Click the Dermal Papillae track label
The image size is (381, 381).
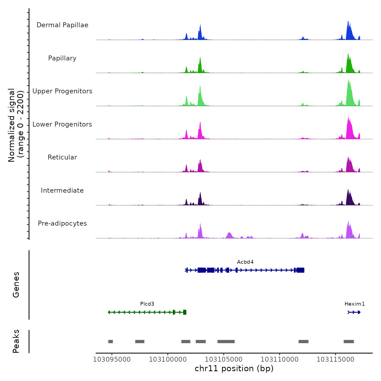tap(62, 25)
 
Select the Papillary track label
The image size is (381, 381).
tap(62, 58)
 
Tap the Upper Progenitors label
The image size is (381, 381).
tap(62, 91)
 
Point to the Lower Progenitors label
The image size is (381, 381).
tap(62, 124)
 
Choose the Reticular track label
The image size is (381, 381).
tap(62, 157)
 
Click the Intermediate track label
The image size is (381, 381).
tap(62, 190)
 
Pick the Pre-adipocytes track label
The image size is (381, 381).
tap(62, 223)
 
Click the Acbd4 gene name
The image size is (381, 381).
tap(245, 262)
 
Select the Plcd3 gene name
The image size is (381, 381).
tap(147, 304)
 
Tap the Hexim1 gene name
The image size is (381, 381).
tap(354, 304)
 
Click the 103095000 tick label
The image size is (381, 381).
tap(112, 360)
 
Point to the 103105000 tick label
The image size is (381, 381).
tap(224, 360)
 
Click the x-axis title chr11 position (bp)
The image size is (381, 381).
tap(234, 368)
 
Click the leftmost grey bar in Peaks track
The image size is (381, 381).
tap(110, 342)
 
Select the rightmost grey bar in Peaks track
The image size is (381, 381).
tap(349, 342)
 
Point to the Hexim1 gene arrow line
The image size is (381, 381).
tap(354, 312)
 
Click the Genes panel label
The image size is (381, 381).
tap(16, 285)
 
